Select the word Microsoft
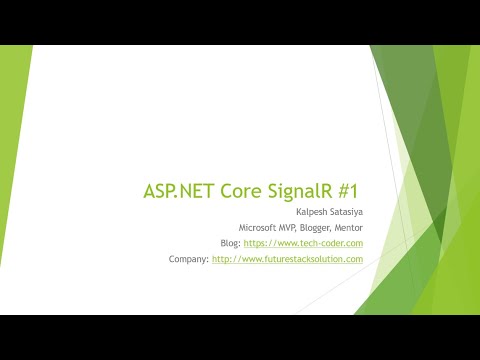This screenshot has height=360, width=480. coord(257,228)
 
